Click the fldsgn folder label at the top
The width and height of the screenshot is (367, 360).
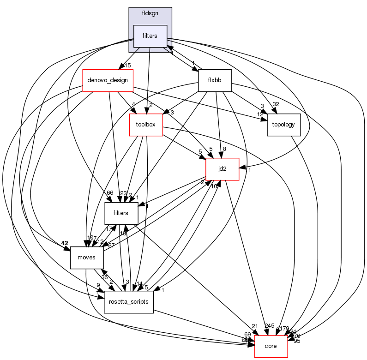coord(150,14)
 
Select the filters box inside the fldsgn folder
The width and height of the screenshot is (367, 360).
coord(150,36)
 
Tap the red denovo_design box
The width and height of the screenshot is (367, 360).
coord(107,80)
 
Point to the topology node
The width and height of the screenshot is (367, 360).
coord(284,125)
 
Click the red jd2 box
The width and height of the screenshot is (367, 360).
coord(222,169)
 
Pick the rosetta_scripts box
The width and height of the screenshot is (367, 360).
coord(128,302)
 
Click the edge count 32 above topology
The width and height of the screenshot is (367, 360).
coord(276,104)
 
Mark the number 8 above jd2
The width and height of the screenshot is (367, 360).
coord(224,149)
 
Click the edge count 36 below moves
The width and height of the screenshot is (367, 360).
coord(105,277)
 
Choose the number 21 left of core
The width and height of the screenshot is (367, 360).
coord(254,326)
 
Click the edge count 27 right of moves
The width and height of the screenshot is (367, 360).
coord(111,245)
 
